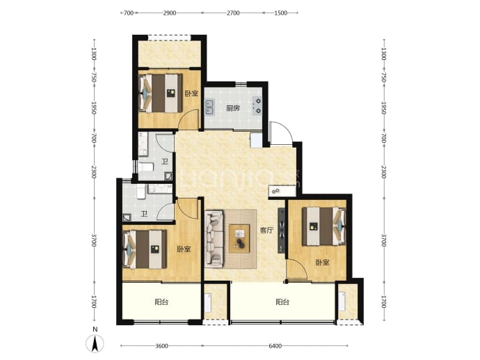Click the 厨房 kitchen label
[x=232, y=108]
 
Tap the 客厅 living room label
[x=266, y=230]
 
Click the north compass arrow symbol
[x=95, y=343]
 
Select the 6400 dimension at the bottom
[x=275, y=346]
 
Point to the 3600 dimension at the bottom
[x=161, y=346]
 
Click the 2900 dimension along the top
[x=169, y=13]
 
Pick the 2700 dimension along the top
[x=233, y=13]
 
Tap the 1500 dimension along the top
[x=281, y=13]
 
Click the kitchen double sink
[x=209, y=107]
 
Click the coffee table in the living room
[x=239, y=239]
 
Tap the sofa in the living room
[x=214, y=237]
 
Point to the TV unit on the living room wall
[x=282, y=230]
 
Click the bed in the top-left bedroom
[x=161, y=93]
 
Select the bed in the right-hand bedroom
[x=324, y=226]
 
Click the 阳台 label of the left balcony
[x=161, y=302]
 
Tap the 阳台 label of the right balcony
[x=282, y=302]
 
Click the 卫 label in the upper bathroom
[x=165, y=161]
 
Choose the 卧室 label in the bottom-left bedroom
[x=184, y=249]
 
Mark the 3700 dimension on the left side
[x=94, y=240]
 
